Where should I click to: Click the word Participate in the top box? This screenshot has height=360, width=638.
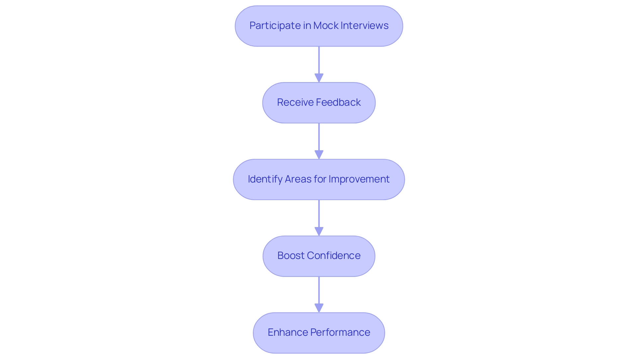coord(275,26)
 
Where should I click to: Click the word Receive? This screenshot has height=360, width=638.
coord(292,102)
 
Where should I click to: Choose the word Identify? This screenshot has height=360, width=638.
coord(265,179)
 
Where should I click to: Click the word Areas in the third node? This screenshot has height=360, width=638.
coord(298,179)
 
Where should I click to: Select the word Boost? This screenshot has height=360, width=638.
coord(291,256)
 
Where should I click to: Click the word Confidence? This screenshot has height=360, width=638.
coord(334,256)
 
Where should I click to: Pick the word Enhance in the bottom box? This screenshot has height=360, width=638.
coord(287,332)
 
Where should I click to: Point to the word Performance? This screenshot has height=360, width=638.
coord(340,332)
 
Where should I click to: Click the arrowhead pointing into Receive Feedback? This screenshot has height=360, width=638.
coord(319,78)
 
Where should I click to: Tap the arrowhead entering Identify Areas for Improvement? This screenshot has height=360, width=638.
coord(319,155)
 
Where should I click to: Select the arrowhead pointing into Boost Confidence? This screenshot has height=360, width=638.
coord(319,231)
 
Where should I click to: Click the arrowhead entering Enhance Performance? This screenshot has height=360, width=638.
coord(319,308)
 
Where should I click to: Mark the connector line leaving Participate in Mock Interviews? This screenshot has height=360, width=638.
coord(319,60)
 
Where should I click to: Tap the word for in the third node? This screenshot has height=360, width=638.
coord(320,179)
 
